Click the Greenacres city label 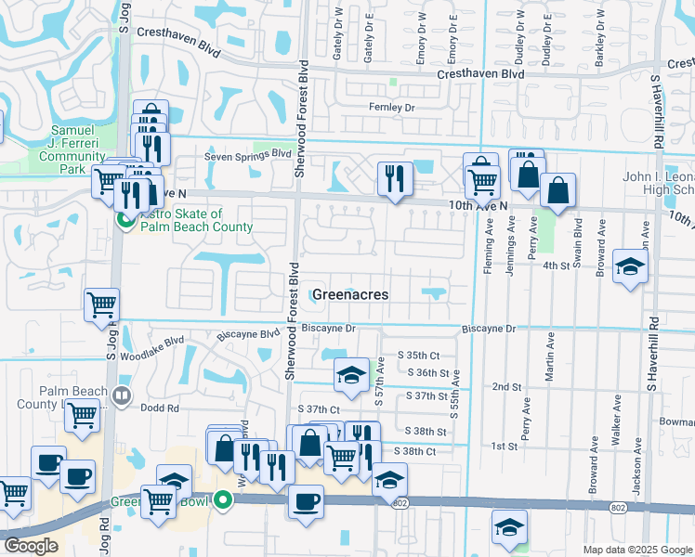point(349,294)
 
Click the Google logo point(32,546)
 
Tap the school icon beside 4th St point(630,266)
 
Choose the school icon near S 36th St point(350,374)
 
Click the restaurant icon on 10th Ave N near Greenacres point(395,178)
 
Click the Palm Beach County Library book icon point(121,396)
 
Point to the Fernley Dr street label point(390,108)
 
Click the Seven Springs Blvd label point(248,155)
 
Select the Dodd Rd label point(159,408)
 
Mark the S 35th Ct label point(418,355)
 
